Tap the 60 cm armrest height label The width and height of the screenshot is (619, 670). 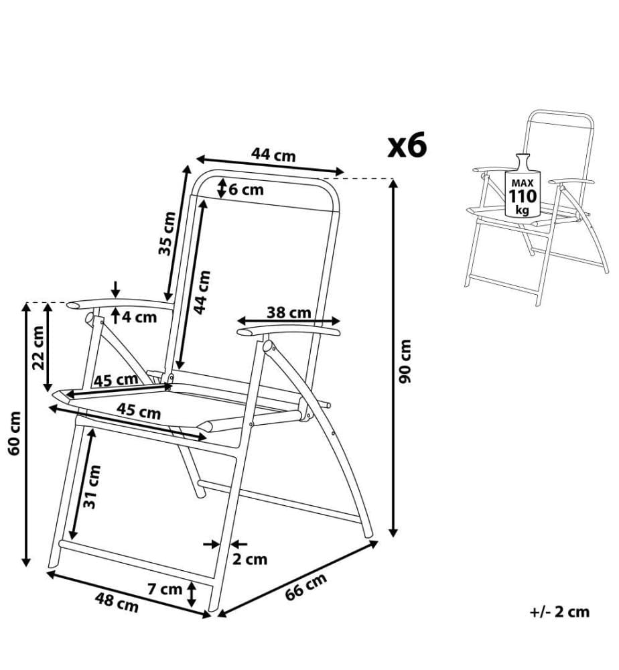(x=15, y=433)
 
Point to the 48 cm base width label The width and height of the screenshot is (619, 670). (x=117, y=602)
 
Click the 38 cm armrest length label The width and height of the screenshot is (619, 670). (x=289, y=312)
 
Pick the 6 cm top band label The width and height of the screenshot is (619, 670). (x=246, y=190)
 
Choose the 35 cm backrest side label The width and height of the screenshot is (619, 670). (x=167, y=233)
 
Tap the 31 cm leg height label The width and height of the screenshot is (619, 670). (x=92, y=486)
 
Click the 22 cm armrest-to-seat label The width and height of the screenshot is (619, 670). (x=38, y=347)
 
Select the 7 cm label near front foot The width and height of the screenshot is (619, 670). (x=165, y=589)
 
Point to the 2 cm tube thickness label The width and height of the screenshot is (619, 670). (x=250, y=559)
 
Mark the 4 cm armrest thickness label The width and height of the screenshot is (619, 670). (x=140, y=317)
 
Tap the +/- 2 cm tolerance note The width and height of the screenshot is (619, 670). (x=559, y=612)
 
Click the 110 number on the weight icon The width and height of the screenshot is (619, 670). (x=523, y=196)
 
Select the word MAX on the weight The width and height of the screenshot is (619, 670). (x=523, y=183)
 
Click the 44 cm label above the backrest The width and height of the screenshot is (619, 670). (x=273, y=154)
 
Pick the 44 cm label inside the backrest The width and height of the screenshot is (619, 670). (x=202, y=292)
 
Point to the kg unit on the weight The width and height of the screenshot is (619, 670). (x=522, y=210)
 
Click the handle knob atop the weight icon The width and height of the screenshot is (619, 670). (x=522, y=162)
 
